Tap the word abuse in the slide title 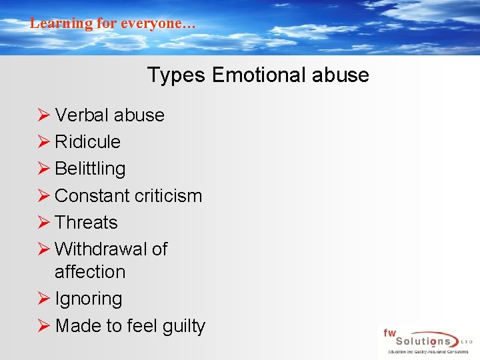click(x=343, y=75)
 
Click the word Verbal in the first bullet click(x=81, y=115)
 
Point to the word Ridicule click(x=87, y=142)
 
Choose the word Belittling click(x=90, y=169)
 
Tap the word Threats click(x=86, y=223)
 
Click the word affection click(x=90, y=272)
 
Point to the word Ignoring click(x=89, y=299)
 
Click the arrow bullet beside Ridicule click(x=43, y=142)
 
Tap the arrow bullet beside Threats click(x=43, y=223)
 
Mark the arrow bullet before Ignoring click(x=43, y=299)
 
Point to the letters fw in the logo click(x=389, y=332)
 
